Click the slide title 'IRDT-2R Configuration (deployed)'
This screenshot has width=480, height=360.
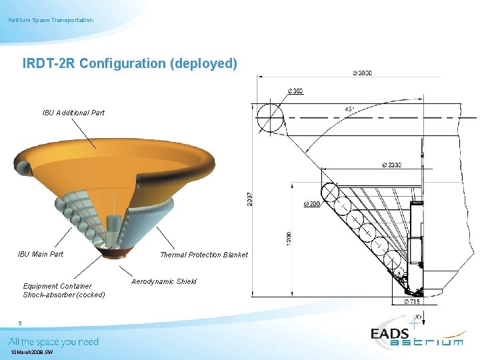point(129,64)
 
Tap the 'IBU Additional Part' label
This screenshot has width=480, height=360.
point(73,113)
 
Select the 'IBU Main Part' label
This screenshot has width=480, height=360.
point(41,254)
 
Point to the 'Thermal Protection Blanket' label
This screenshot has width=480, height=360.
point(203,255)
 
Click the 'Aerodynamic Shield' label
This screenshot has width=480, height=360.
point(164,281)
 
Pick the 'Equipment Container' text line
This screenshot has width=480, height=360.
point(57,286)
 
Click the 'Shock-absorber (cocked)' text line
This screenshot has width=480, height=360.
point(64,295)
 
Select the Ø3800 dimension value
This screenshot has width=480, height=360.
point(361,73)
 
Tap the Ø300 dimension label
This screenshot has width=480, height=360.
point(295,91)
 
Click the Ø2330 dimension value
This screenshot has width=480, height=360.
point(392,165)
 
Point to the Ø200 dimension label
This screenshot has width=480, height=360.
point(311,203)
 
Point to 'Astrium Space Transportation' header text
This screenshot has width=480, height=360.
point(51,20)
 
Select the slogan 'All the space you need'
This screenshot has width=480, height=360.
point(53,342)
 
